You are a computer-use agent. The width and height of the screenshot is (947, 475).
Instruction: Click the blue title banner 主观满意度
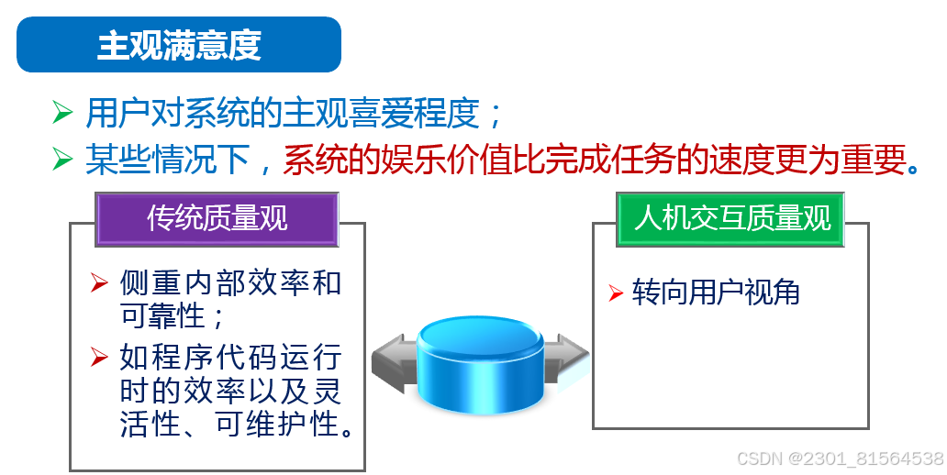coord(179,44)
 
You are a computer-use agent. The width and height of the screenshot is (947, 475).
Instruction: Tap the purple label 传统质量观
coord(217,218)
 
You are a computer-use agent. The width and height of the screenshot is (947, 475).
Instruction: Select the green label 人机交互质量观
coord(731,218)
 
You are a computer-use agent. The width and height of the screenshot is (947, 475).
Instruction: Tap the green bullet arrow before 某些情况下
coord(62,159)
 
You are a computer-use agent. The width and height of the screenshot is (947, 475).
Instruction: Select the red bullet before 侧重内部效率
coord(100,282)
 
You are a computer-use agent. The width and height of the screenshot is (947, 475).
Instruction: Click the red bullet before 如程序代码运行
coord(100,355)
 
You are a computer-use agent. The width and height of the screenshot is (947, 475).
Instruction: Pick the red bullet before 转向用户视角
coord(616,293)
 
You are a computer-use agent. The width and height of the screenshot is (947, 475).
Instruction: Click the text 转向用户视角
coord(716,293)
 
